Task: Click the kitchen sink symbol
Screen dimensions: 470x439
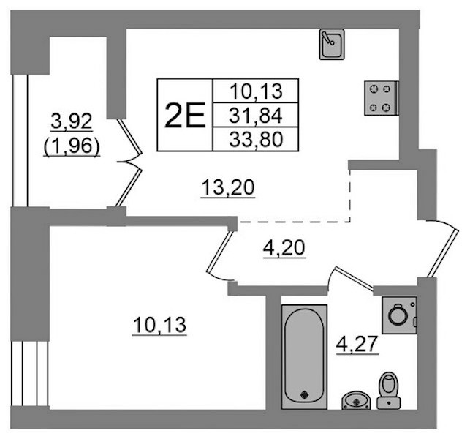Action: tap(332, 45)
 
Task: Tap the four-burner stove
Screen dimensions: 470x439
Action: tap(382, 98)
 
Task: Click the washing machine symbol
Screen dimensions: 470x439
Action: tap(399, 315)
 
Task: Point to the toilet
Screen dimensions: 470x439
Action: tap(389, 390)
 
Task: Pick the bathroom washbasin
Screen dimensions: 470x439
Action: tap(356, 400)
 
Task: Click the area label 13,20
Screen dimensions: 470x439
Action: tap(228, 188)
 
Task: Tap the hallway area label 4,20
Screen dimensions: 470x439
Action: tap(284, 248)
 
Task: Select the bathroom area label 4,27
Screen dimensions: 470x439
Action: tap(357, 345)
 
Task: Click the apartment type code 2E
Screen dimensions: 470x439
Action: tap(185, 115)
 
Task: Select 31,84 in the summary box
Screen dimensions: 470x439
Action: tap(255, 116)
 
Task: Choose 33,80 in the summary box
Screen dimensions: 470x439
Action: tap(256, 140)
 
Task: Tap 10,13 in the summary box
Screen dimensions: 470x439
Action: tap(256, 91)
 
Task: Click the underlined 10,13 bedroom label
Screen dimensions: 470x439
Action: tap(159, 325)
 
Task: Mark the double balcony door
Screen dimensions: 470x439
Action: tap(129, 162)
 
